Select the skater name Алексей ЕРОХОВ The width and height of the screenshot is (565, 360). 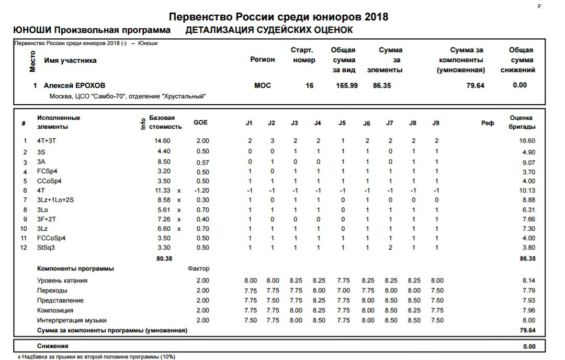[71, 85]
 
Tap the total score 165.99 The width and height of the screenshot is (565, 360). [346, 85]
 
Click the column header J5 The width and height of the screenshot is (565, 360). [342, 123]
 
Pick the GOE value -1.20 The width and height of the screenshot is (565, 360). [201, 190]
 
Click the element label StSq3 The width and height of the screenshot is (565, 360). [46, 248]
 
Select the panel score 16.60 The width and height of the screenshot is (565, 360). [527, 141]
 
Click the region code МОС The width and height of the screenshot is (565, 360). [263, 85]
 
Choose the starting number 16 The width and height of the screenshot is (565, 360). [310, 85]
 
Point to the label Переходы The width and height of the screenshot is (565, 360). [52, 290]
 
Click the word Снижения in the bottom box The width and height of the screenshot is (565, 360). [53, 346]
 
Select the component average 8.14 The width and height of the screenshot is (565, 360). [528, 280]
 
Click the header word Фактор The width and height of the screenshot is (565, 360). [198, 269]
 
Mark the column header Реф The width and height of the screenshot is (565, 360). [487, 123]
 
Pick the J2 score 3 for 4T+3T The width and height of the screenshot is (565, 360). [272, 141]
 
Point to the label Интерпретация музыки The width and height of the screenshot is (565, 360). [72, 320]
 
